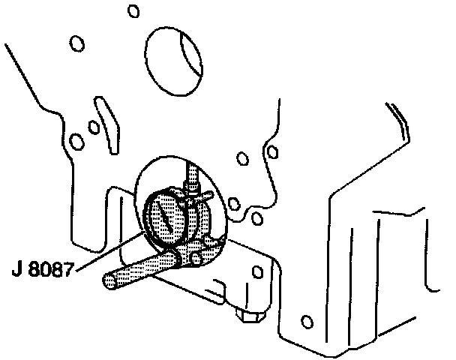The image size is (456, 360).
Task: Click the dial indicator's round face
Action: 164,220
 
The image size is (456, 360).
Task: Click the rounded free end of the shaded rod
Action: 109,281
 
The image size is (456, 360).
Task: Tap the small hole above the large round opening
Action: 133,11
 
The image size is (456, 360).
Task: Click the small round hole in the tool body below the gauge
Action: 196,258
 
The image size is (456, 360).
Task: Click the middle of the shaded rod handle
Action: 142,268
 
